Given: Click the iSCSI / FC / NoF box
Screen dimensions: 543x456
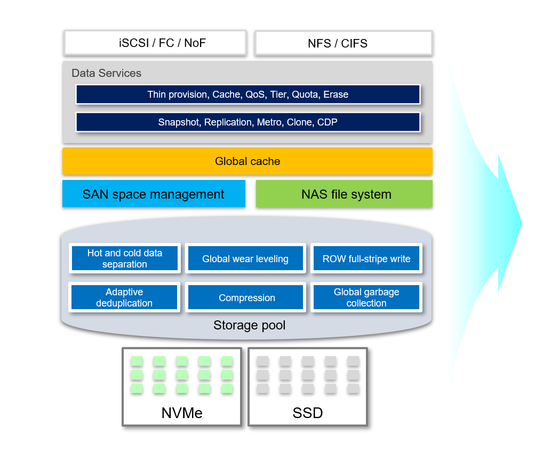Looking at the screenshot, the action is [x=155, y=43].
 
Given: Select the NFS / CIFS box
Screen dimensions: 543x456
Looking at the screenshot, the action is [x=344, y=43].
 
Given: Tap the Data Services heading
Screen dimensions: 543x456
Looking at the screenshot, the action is [x=106, y=73].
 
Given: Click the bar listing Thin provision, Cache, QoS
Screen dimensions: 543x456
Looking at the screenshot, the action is [x=248, y=95].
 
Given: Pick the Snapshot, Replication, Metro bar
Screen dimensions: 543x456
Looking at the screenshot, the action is [x=248, y=122].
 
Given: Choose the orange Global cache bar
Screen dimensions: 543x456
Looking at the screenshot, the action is [x=247, y=161].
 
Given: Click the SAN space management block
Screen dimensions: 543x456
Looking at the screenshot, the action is [x=154, y=193].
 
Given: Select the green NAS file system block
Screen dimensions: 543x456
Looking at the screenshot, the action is [x=344, y=193].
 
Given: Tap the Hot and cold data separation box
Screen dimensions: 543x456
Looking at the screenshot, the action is [x=125, y=258].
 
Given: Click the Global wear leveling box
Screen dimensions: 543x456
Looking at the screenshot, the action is [x=245, y=258].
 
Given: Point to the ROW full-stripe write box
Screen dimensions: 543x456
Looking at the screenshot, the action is [x=366, y=258].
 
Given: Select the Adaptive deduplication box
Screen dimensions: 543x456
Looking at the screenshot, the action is [x=124, y=297].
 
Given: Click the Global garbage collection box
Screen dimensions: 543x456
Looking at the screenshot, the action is [x=366, y=297].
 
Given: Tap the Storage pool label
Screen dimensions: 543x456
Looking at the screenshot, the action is [x=249, y=325].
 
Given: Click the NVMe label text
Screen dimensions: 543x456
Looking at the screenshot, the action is [x=182, y=413].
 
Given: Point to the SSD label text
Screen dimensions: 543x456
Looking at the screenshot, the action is [x=308, y=413].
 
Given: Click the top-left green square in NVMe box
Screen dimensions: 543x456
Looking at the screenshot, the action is [x=137, y=361].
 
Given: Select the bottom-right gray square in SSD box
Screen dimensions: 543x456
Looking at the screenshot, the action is [x=353, y=388].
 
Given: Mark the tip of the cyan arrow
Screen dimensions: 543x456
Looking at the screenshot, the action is [x=522, y=223].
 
